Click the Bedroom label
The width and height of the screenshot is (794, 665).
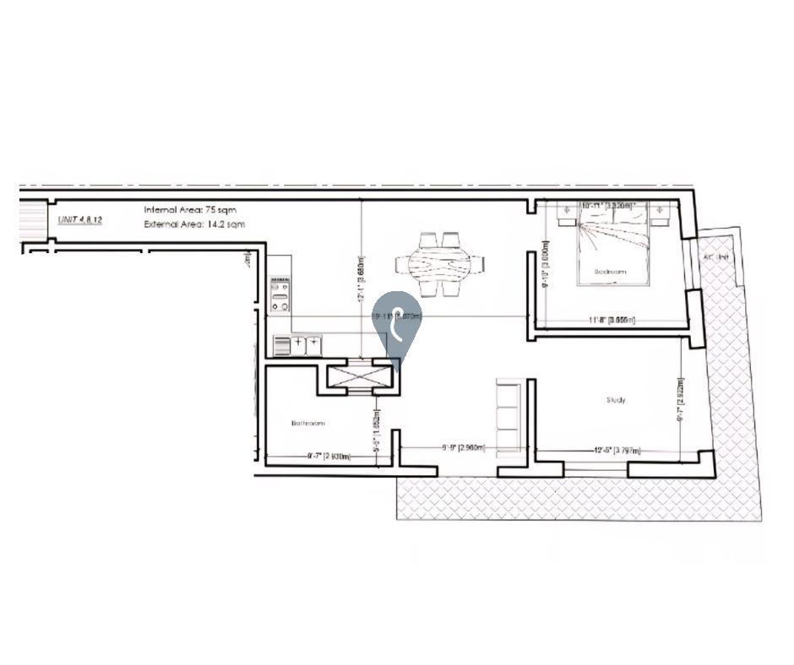pyautogui.click(x=611, y=273)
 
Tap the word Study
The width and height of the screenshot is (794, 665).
pyautogui.click(x=616, y=400)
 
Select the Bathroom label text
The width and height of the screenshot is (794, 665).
pyautogui.click(x=307, y=423)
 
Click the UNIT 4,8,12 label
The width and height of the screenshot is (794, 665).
pyautogui.click(x=79, y=219)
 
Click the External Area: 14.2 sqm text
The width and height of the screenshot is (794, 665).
pyautogui.click(x=194, y=224)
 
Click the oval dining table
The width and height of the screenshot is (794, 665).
pyautogui.click(x=439, y=265)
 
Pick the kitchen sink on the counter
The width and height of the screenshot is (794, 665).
pyautogui.click(x=307, y=344)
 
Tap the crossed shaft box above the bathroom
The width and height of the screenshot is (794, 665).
pyautogui.click(x=358, y=376)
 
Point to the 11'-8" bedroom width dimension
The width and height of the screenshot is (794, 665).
pyautogui.click(x=612, y=321)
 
